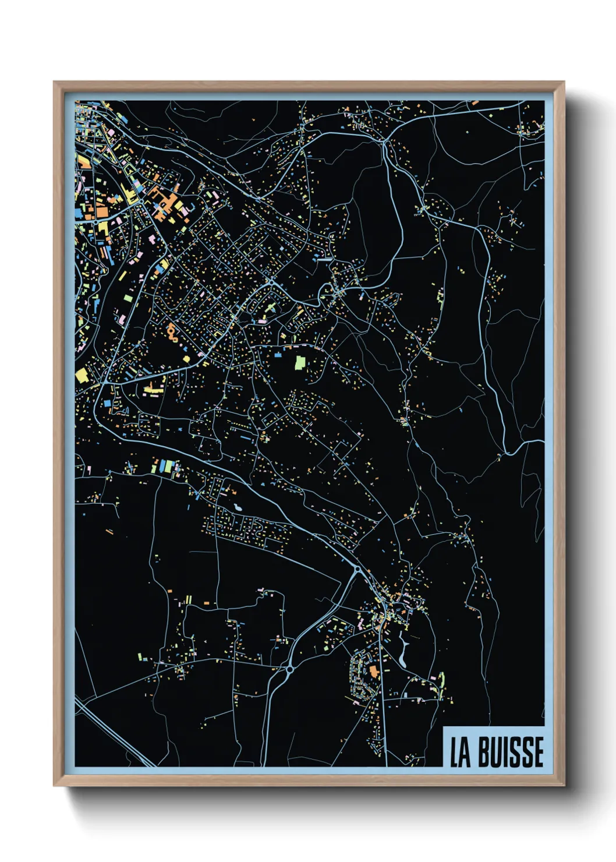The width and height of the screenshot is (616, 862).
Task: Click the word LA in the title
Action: (460, 752)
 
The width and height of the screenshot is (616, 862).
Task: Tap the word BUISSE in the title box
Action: (511, 752)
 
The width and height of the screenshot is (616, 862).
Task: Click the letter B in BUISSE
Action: (484, 752)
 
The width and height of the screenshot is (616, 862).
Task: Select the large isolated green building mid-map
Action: (300, 363)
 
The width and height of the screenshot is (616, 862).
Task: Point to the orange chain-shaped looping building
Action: (172, 333)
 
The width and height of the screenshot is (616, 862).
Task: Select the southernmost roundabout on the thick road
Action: (289, 670)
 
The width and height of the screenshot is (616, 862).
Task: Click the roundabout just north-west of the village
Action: (356, 569)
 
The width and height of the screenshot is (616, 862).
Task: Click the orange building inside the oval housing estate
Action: (373, 672)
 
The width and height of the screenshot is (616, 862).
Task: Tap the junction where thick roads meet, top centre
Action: (384, 140)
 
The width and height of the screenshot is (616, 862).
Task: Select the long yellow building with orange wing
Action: (154, 388)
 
